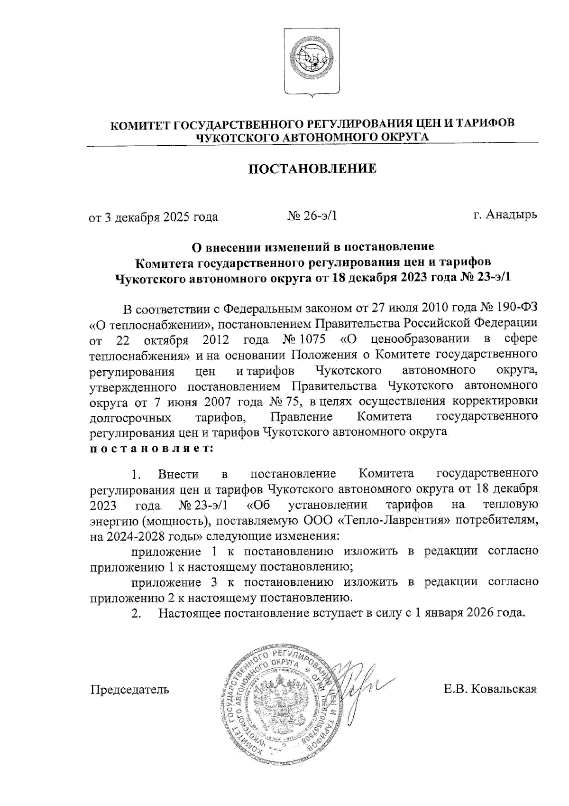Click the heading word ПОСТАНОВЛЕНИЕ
tap(313, 169)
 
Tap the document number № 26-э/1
tap(312, 216)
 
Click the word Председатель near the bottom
tap(129, 689)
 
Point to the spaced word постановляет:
tap(151, 448)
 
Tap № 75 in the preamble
tap(285, 402)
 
